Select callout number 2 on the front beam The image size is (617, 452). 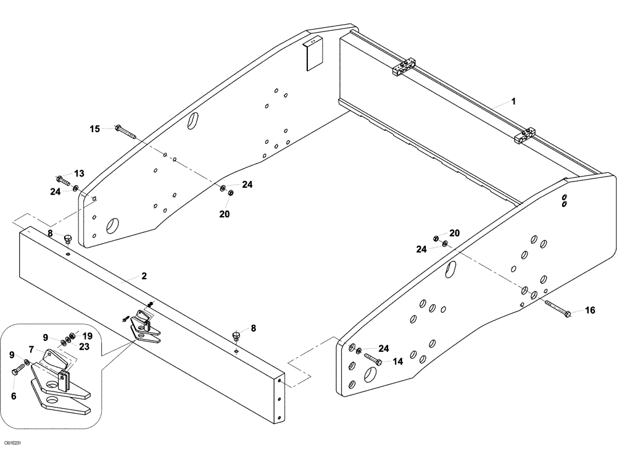pyautogui.click(x=143, y=277)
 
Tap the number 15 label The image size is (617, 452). pyautogui.click(x=94, y=129)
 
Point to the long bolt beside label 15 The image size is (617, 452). pyautogui.click(x=125, y=132)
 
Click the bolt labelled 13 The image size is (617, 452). pyautogui.click(x=64, y=181)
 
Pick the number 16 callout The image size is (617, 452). pyautogui.click(x=590, y=311)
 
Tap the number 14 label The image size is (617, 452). pyautogui.click(x=397, y=362)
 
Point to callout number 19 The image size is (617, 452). pyautogui.click(x=88, y=336)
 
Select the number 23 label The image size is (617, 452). pyautogui.click(x=83, y=346)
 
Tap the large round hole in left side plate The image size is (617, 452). pyautogui.click(x=113, y=225)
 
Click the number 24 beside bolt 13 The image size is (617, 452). pyautogui.click(x=55, y=192)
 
